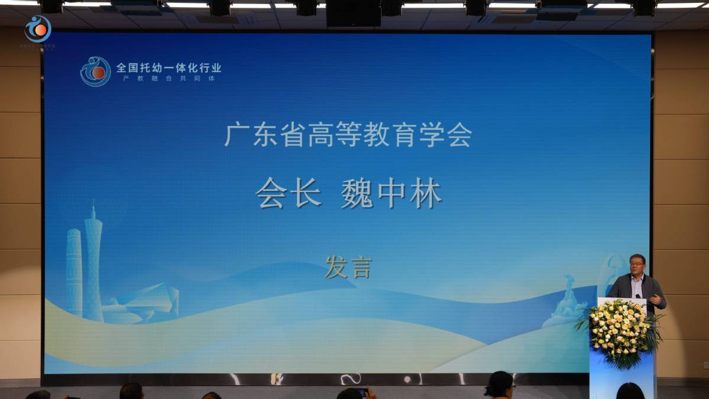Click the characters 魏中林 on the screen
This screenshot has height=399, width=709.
pos(391,194)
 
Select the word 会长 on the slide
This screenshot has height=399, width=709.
pos(289,193)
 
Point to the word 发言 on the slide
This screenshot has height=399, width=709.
pos(348,267)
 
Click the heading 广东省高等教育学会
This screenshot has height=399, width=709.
pos(348,135)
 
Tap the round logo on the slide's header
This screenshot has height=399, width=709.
pos(95,72)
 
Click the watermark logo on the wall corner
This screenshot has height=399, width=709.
pos(38,29)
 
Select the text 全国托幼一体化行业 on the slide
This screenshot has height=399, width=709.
pos(169,67)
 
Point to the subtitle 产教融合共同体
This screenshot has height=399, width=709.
pos(169,79)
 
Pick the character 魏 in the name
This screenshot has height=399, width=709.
pos(357,194)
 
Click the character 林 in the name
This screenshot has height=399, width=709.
pos(426,194)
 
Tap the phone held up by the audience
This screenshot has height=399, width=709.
pos(362,391)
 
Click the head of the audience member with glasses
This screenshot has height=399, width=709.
pos(500,384)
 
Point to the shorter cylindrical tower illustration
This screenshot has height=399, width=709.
pos(74,272)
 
